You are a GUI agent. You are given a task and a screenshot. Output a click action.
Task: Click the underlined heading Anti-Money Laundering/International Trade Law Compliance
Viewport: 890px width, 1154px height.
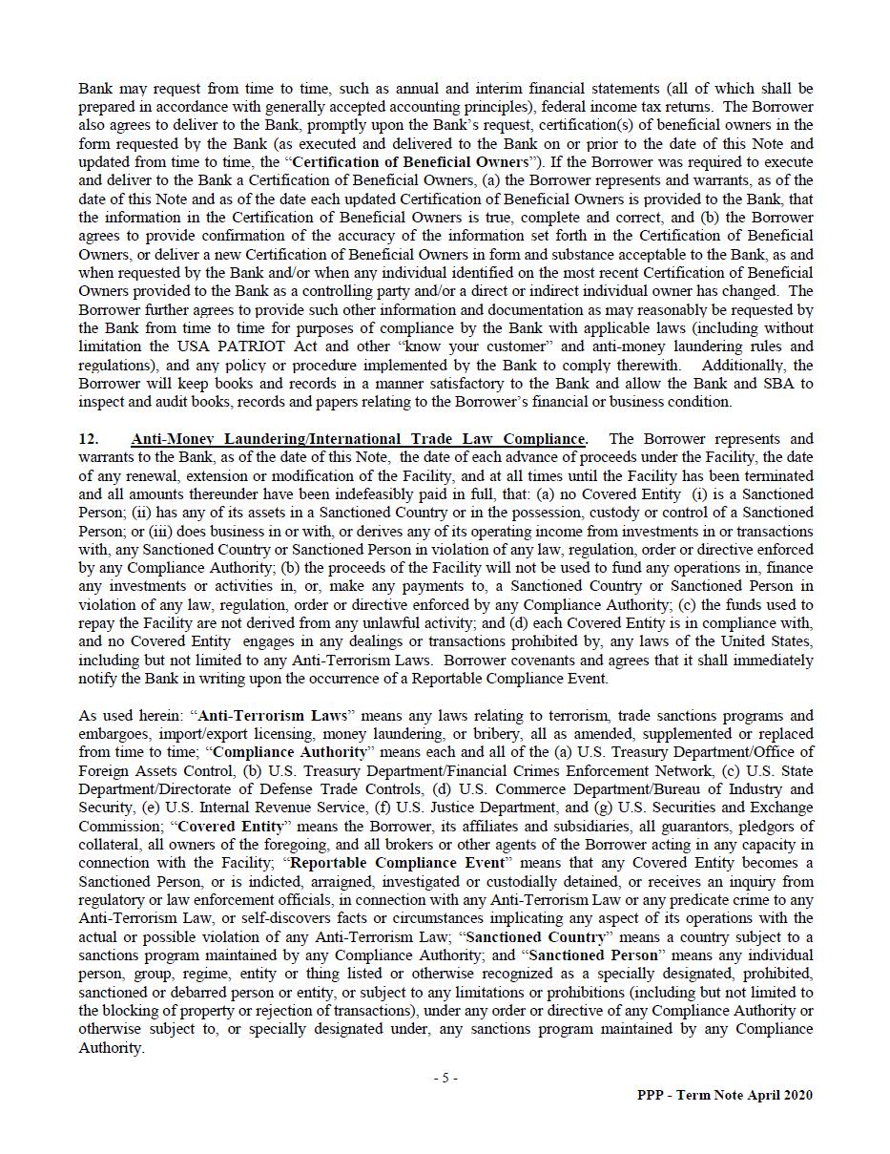[x=358, y=439]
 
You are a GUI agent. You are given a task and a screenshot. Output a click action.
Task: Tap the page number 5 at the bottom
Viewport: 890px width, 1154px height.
[x=445, y=1079]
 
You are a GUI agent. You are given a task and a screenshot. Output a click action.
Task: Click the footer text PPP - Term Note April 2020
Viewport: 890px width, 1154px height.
[x=725, y=1096]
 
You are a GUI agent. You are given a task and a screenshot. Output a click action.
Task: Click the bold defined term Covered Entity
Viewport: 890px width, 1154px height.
[x=231, y=827]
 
